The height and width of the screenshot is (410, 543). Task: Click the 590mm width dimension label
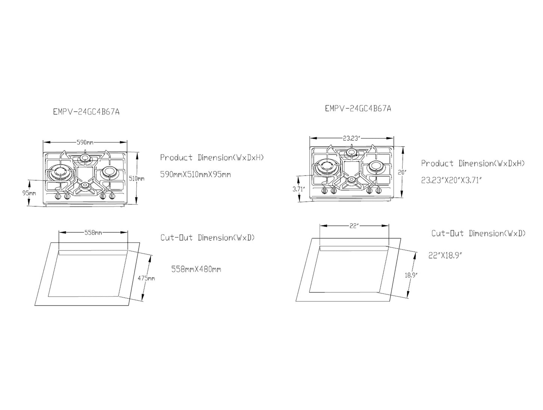click(x=85, y=142)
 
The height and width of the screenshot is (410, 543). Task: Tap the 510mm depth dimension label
click(x=139, y=179)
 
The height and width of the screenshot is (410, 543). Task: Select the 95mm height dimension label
click(x=29, y=193)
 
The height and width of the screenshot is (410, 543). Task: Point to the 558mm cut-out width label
click(x=93, y=233)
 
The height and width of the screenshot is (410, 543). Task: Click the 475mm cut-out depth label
click(x=147, y=278)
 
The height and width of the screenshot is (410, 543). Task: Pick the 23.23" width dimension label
click(x=351, y=138)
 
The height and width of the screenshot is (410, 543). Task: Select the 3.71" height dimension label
click(x=298, y=189)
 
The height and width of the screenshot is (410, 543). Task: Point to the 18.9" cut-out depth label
click(x=411, y=275)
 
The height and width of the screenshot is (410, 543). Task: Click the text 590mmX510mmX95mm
click(x=195, y=175)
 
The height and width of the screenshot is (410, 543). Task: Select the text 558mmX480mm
click(x=196, y=269)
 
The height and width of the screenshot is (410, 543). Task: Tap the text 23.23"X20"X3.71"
click(x=451, y=180)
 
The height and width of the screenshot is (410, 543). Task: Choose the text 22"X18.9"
click(x=445, y=255)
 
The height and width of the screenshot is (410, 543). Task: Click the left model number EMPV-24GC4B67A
click(x=86, y=112)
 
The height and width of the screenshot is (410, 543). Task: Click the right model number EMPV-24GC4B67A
click(x=358, y=108)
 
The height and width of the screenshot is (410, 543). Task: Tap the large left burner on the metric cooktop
click(x=59, y=172)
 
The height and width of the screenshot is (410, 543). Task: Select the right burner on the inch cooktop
click(x=375, y=166)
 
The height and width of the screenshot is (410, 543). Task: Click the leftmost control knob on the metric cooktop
click(x=58, y=196)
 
